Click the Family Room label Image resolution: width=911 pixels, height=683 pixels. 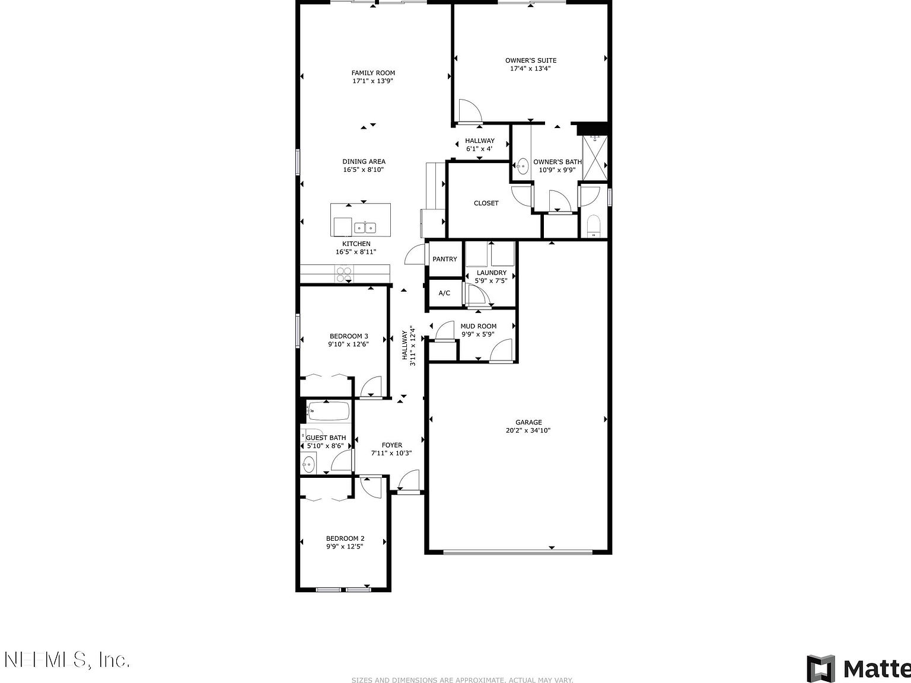click(373, 73)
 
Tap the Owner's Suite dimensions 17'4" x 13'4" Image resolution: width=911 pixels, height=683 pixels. click(530, 68)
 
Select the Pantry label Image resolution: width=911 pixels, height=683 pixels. click(444, 259)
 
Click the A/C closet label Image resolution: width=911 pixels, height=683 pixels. click(444, 293)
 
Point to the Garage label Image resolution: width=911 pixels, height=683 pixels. click(528, 422)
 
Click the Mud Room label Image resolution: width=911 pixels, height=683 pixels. click(478, 326)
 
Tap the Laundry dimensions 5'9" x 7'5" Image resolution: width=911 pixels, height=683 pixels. click(491, 280)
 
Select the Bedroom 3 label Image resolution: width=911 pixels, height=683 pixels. click(349, 336)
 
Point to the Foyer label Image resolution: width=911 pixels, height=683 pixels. click(391, 445)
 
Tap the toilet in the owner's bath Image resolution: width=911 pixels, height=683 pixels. click(593, 226)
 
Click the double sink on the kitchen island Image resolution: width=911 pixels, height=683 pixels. click(365, 227)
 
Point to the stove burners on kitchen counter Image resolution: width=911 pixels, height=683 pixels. click(344, 274)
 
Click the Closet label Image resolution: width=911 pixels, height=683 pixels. click(486, 203)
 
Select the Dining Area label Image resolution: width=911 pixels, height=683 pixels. click(364, 161)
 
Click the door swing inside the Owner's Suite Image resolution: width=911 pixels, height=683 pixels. click(469, 111)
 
